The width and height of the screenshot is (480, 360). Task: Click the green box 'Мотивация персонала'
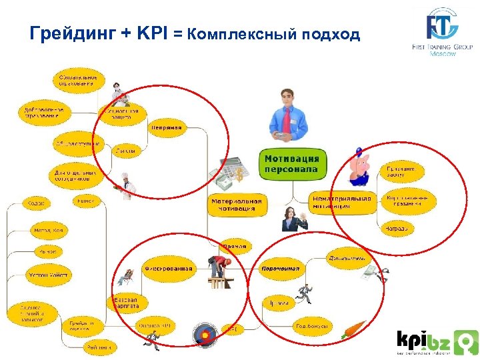[x=292, y=163]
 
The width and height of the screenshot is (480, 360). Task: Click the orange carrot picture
[x=353, y=329]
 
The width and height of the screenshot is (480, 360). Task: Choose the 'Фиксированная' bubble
[x=169, y=269]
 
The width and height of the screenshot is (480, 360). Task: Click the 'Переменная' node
[x=280, y=268]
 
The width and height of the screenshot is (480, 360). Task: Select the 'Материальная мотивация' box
[x=237, y=204]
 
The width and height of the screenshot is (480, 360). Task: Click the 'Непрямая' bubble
[x=166, y=127]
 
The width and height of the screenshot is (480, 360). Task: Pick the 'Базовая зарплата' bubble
[x=125, y=303]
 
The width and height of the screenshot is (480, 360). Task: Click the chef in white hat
[x=125, y=185]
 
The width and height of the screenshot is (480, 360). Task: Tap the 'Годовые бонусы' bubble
[x=312, y=326]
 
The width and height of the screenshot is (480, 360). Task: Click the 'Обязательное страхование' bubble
[x=79, y=80]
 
